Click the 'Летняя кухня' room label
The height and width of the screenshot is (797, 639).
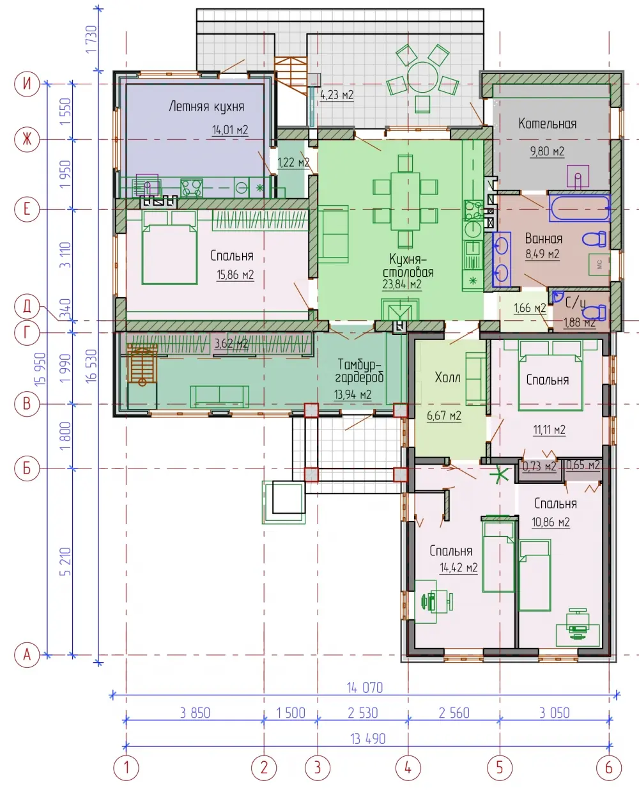(206, 107)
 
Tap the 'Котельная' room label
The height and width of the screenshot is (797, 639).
(547, 123)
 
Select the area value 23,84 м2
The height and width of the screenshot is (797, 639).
(402, 284)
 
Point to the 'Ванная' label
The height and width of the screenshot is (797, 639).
(544, 238)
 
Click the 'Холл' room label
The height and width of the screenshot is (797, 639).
(447, 377)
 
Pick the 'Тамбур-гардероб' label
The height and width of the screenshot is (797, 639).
(359, 371)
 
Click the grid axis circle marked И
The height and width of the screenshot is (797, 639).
(27, 84)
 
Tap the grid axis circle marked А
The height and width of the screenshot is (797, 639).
(27, 654)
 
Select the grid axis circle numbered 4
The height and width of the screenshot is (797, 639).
(408, 768)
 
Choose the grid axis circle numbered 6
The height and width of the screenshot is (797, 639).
(609, 768)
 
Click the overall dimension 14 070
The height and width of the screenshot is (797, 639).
(365, 688)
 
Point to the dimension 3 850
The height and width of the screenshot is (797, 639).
(195, 713)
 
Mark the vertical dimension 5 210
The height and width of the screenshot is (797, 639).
(65, 561)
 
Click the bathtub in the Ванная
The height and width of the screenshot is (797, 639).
(580, 208)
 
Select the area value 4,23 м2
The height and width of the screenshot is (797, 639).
(337, 95)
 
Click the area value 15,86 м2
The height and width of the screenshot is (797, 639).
(235, 274)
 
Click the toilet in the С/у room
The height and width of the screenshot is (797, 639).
(594, 312)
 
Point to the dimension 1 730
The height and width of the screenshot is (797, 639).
(91, 39)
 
